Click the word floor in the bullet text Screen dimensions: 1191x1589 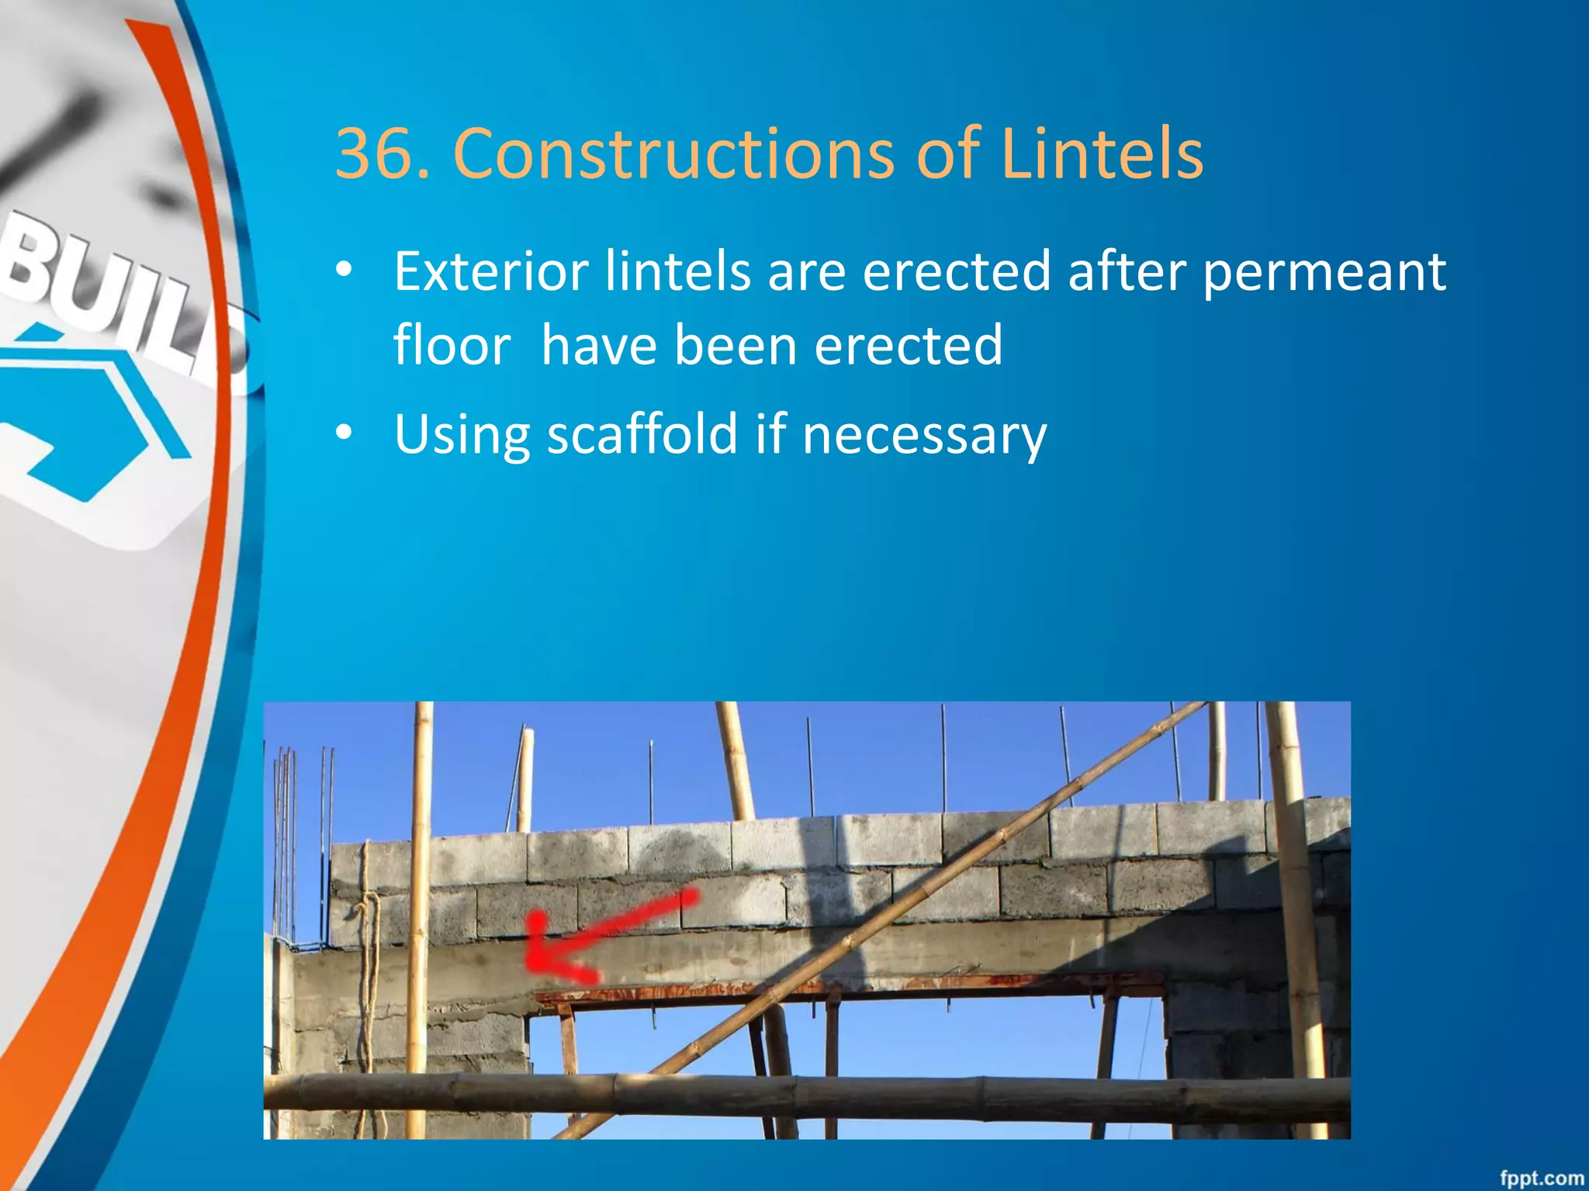452,345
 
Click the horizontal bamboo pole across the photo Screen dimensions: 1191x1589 807,1093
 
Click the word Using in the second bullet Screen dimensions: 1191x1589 461,434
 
